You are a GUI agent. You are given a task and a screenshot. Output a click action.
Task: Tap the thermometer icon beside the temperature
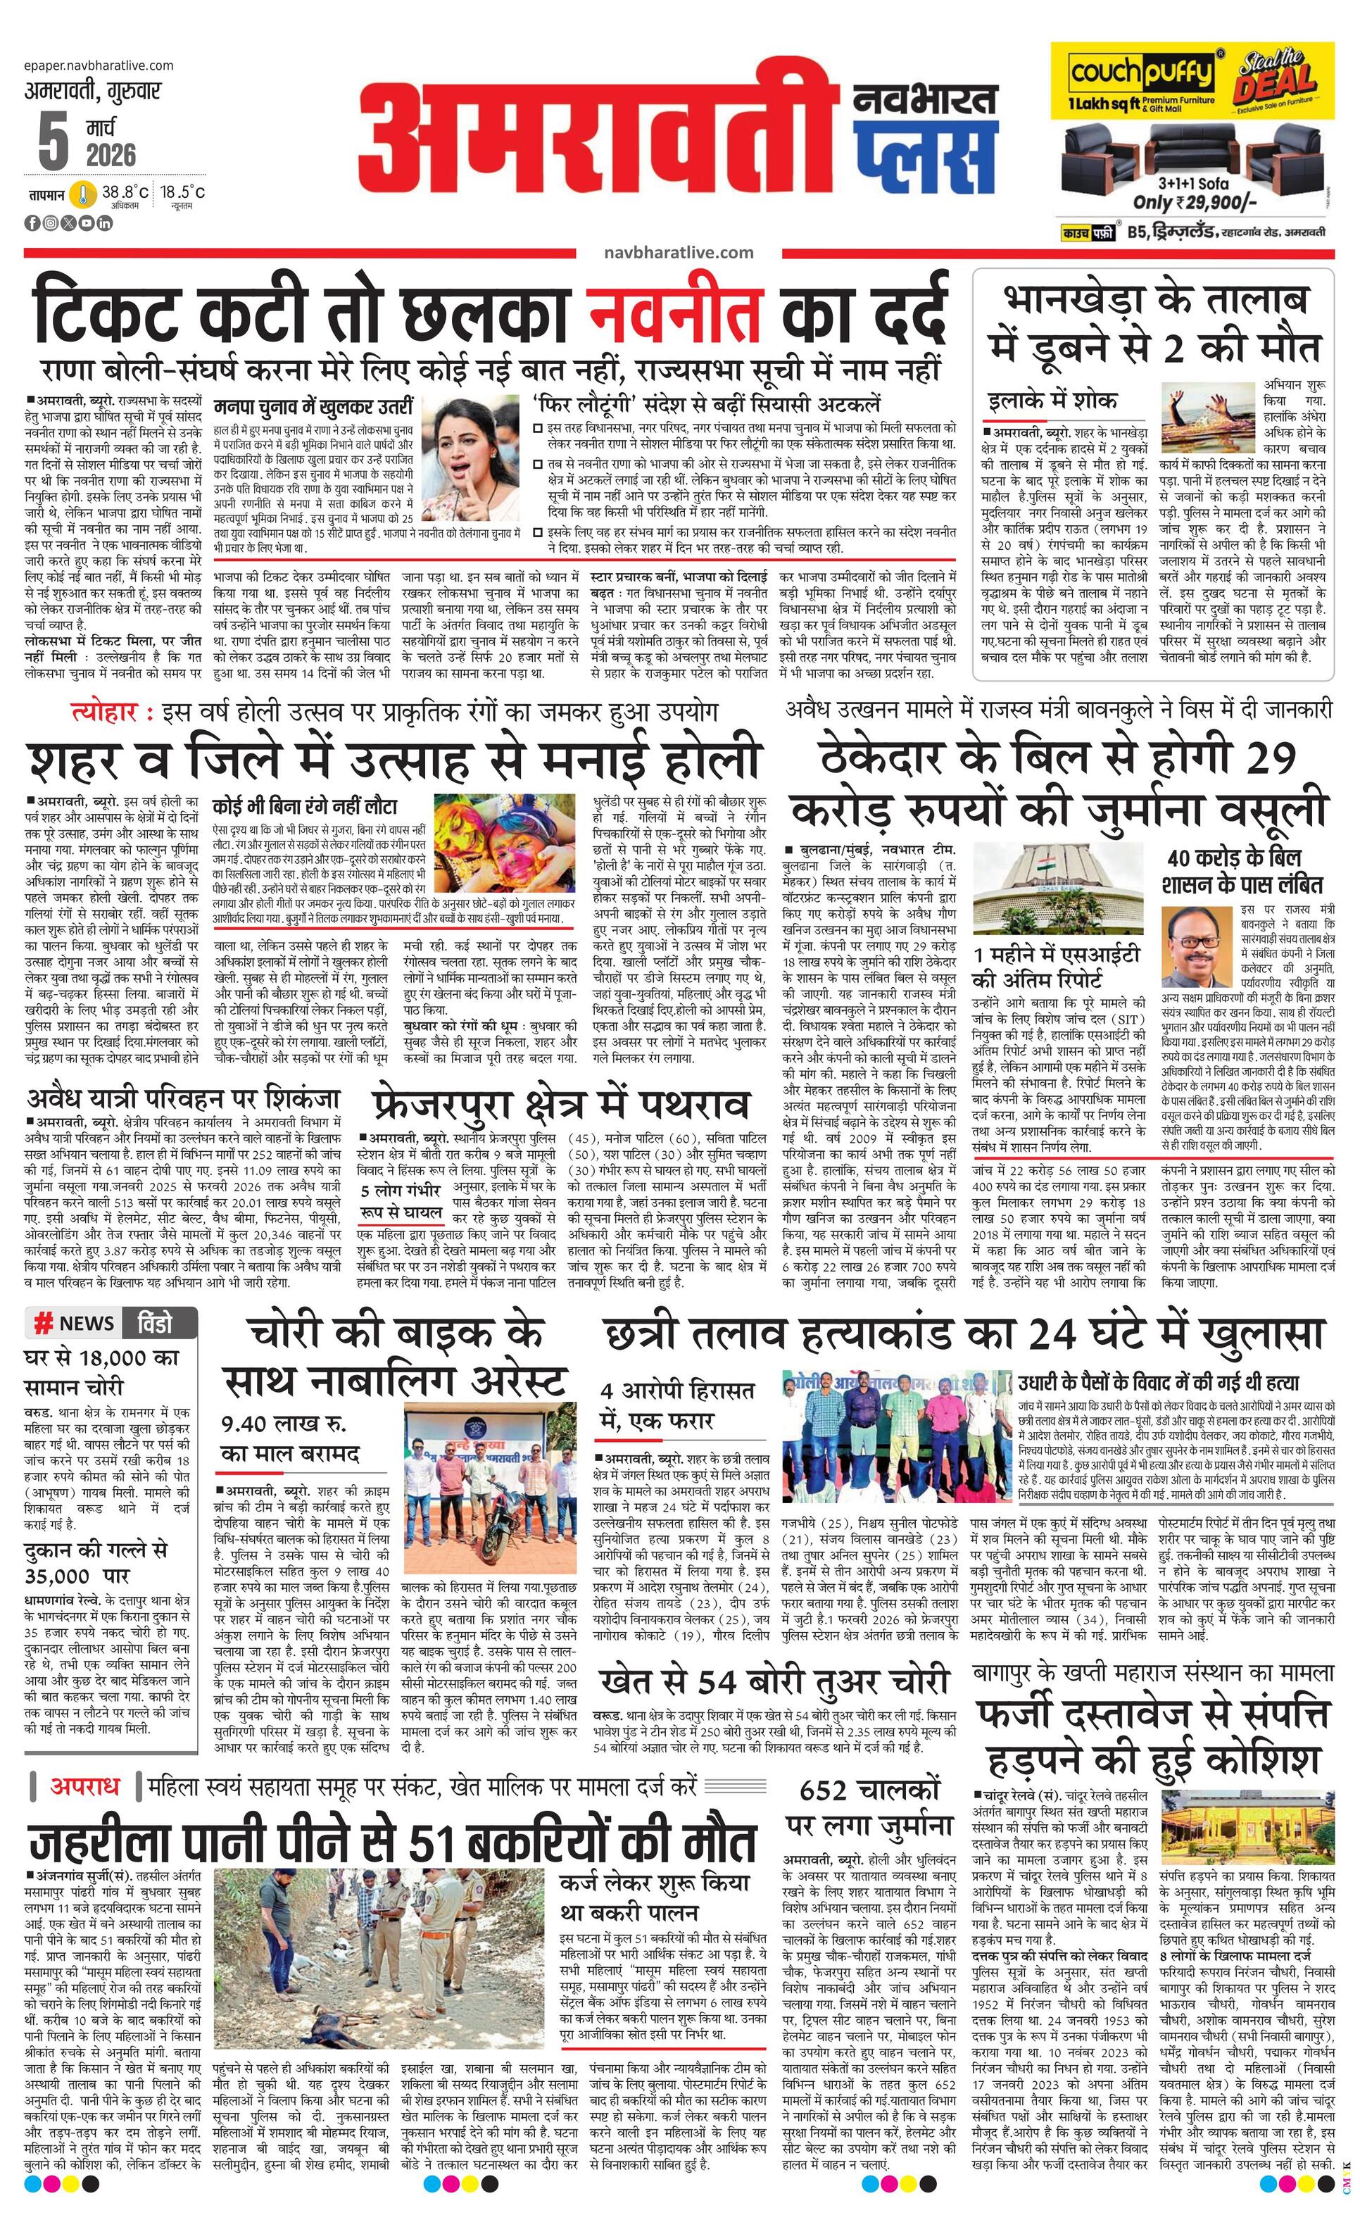coord(83,194)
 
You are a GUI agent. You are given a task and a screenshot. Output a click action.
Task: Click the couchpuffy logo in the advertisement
coord(1140,73)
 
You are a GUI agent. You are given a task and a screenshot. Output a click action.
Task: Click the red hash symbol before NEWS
coord(42,1323)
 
